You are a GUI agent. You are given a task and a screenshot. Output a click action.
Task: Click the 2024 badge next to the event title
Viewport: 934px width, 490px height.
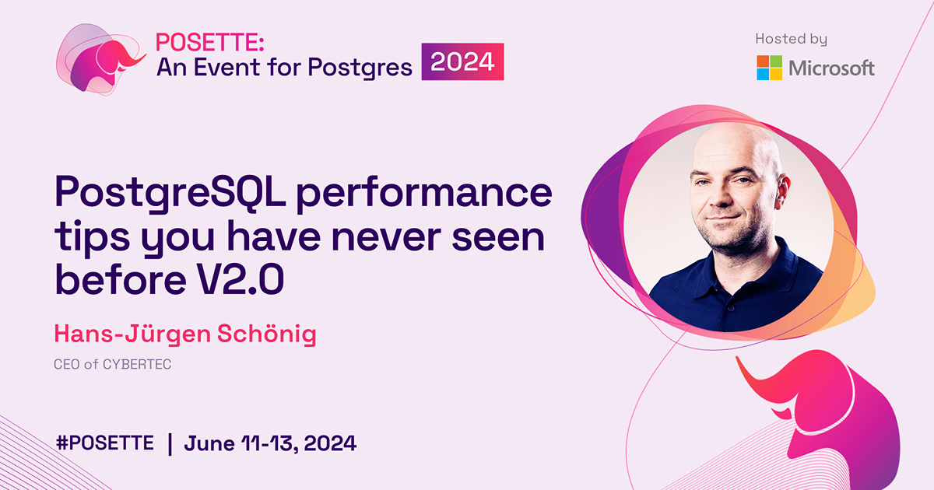463,62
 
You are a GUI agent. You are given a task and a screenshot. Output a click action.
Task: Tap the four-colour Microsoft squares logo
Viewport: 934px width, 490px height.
769,68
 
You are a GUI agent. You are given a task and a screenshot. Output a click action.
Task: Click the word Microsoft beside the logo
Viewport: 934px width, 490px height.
831,68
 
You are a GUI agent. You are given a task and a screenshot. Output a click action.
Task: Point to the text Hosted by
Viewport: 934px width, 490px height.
791,39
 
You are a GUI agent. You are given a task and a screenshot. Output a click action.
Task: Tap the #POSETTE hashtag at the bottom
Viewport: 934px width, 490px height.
105,443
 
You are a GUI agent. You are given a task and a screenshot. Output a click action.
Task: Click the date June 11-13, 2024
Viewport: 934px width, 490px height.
270,443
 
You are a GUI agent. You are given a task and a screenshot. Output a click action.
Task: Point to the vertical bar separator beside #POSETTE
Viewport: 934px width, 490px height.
169,443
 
